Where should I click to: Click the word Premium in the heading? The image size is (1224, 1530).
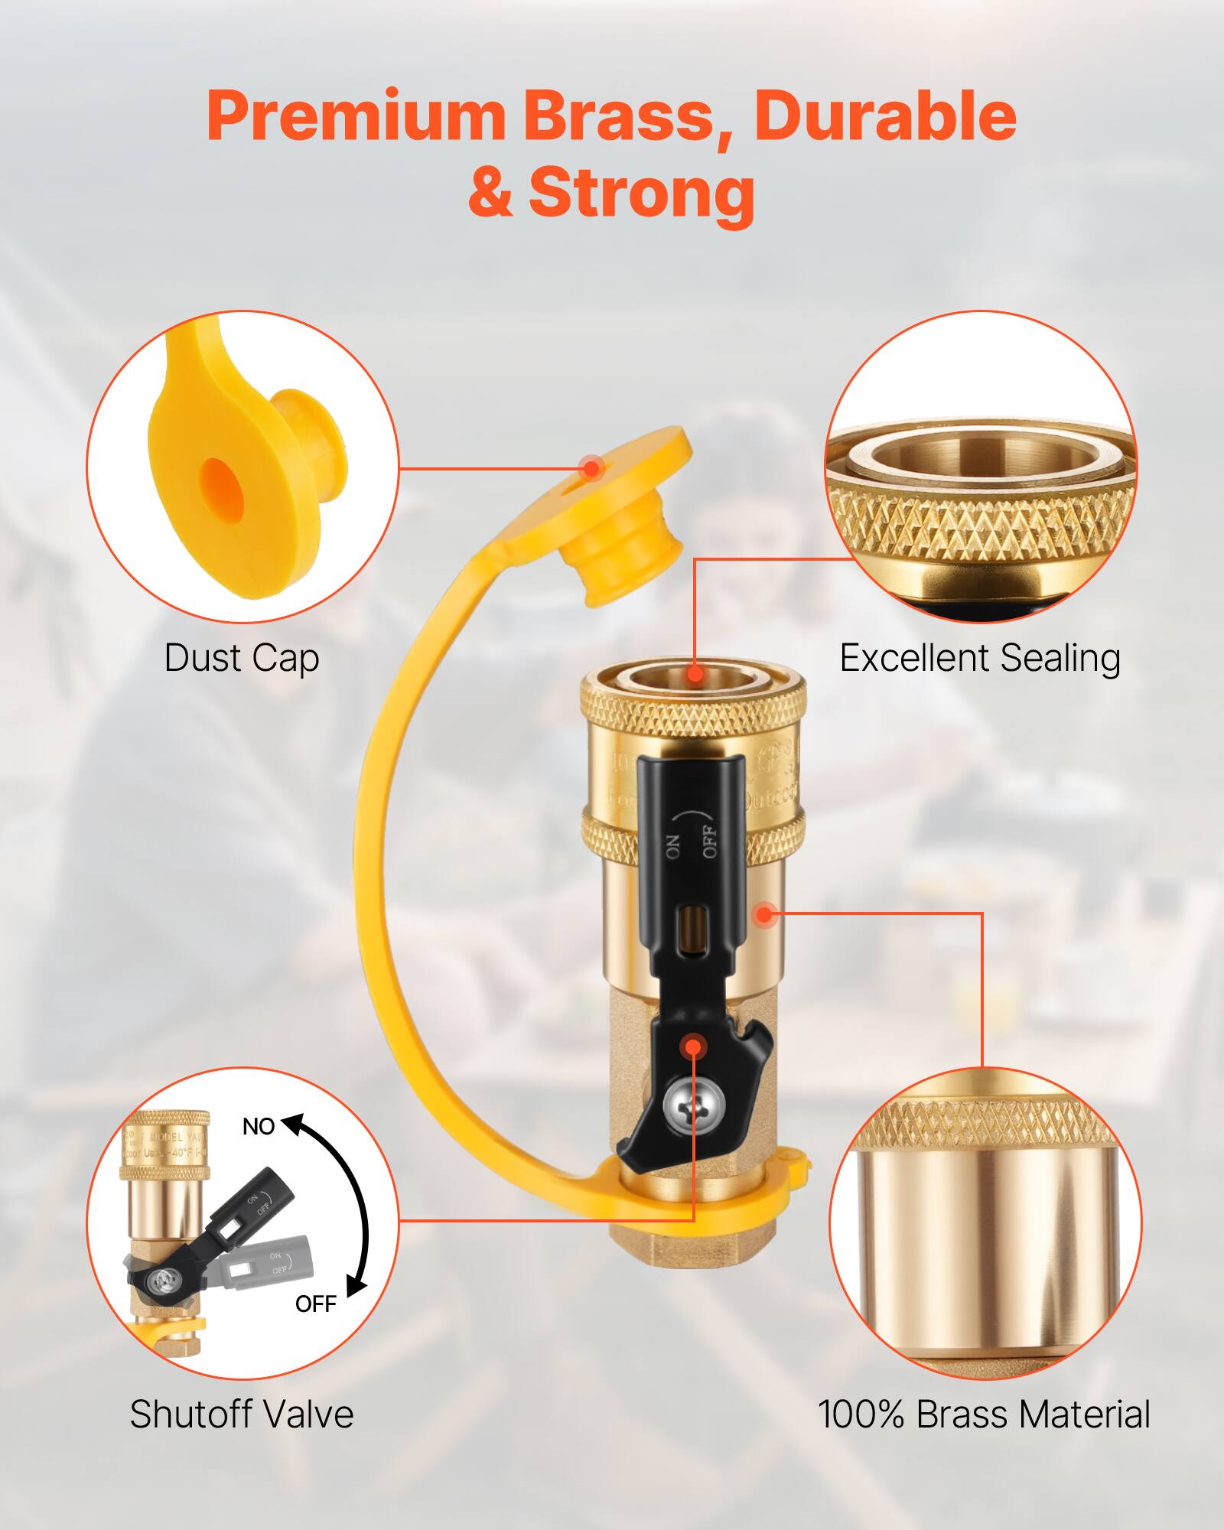(355, 116)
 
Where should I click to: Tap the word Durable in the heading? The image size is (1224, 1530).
(885, 116)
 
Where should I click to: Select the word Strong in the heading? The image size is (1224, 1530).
(641, 192)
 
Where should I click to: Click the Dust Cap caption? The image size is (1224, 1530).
(241, 658)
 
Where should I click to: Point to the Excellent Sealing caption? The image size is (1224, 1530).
(980, 658)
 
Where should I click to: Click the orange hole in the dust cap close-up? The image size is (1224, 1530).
(223, 487)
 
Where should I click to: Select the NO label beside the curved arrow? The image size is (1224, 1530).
(259, 1127)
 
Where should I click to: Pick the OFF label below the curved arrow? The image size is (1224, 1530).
(316, 1304)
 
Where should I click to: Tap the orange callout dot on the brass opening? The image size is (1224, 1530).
(695, 674)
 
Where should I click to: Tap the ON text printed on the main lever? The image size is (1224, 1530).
(674, 847)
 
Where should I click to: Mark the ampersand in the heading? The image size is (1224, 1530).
(490, 192)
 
